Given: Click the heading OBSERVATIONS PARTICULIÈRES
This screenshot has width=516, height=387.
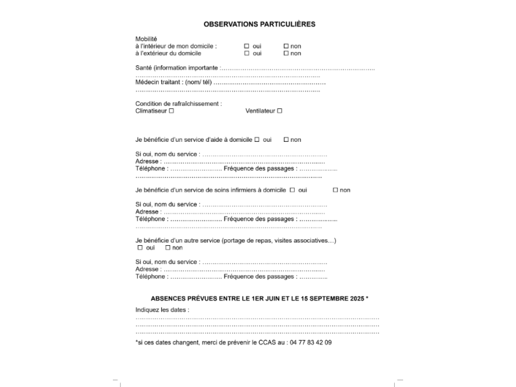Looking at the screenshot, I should click(259, 24).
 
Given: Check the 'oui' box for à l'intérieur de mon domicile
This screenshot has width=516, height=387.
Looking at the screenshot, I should click(247, 46).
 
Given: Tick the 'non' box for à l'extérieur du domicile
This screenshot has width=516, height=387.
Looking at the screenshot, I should click(286, 54).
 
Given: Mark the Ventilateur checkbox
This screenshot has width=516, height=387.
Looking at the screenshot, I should click(280, 111).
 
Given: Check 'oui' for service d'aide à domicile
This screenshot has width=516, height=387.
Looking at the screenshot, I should click(257, 139).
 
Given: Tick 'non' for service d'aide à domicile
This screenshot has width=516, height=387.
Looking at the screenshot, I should click(286, 139).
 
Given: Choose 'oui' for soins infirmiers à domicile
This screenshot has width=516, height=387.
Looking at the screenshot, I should click(292, 190).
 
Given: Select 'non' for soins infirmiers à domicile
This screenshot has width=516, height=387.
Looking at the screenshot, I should click(335, 190).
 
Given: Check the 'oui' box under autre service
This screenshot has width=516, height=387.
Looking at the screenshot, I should click(140, 248).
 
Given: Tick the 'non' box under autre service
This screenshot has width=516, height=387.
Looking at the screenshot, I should click(168, 248).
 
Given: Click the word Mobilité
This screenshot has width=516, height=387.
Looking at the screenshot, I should click(146, 39).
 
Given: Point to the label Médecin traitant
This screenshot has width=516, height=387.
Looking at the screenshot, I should click(159, 83).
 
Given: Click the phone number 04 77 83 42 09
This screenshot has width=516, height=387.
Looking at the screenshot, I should click(311, 342).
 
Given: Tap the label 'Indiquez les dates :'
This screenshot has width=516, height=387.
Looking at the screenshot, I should click(162, 310).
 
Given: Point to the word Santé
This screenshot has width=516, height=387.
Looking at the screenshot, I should click(144, 68).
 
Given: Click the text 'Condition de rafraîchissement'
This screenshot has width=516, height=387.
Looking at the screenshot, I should click(177, 104).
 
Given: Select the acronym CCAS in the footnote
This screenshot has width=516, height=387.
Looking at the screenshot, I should click(266, 342).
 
